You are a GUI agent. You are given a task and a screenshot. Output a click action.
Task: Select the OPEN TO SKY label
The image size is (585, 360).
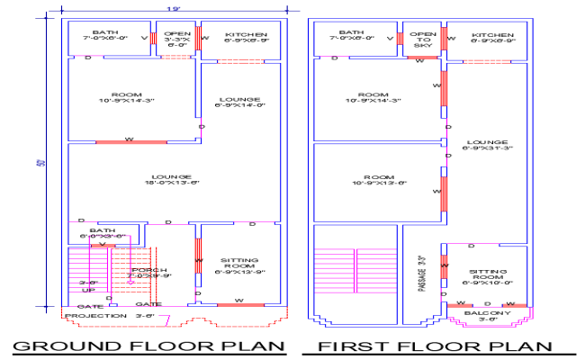(422, 40)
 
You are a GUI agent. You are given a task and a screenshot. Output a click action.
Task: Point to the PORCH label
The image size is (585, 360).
(150, 273)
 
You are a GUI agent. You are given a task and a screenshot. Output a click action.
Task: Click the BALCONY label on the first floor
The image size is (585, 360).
(487, 313)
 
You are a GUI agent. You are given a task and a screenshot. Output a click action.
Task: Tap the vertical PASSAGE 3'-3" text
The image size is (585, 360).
(422, 274)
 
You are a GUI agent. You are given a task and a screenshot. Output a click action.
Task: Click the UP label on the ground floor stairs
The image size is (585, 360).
(87, 290)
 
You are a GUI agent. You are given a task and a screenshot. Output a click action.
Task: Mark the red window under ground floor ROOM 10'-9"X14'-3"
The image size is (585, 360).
(130, 141)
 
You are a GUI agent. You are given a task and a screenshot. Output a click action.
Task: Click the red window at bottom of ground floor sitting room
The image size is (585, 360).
(239, 306)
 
